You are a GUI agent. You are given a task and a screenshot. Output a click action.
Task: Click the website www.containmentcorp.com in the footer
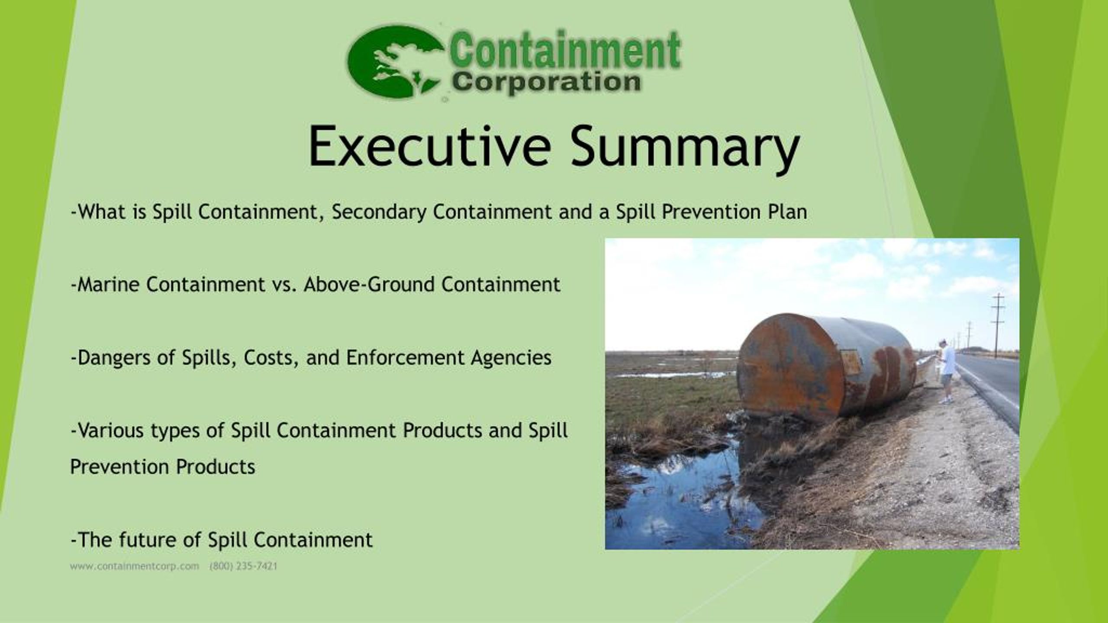135,566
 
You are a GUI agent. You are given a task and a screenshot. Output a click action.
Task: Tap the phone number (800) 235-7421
243,566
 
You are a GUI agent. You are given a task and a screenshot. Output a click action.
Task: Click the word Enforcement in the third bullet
405,358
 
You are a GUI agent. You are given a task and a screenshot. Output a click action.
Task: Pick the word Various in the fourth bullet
107,430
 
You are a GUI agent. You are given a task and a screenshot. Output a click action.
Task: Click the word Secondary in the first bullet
379,212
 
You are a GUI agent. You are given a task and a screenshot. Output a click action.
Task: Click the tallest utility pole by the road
998,324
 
